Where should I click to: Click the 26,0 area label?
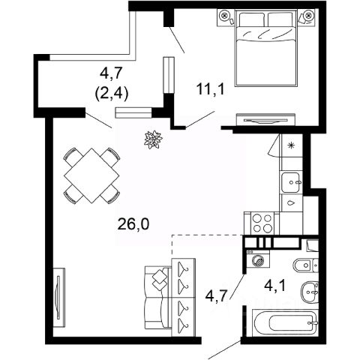coord(133,224)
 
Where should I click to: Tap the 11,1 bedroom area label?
coord(211,89)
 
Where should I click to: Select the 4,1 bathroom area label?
coord(275,286)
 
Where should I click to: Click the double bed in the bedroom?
coord(266,48)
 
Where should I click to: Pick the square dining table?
coord(92,175)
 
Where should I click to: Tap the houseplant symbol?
coord(153,139)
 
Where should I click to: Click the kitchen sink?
coord(291,182)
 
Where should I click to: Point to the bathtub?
coord(285,322)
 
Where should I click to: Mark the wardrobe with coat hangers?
coord(184,298)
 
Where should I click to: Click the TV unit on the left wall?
coord(59,298)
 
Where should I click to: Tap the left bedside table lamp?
coord(225,16)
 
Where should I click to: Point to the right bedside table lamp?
coord(308,16)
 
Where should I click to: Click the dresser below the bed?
coord(265,120)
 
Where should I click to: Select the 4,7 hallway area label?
coord(216,296)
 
